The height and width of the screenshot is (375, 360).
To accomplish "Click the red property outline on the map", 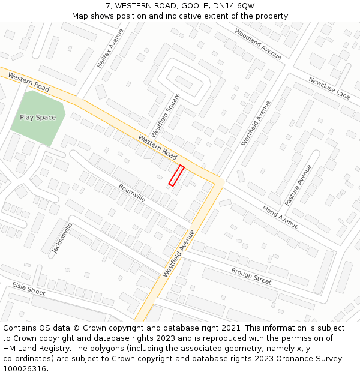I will pos(176,175).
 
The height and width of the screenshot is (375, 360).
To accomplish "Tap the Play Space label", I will pos(38,118).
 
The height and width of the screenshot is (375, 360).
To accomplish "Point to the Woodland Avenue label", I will pos(258,44).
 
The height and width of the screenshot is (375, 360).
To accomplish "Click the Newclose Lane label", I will pos(329,88).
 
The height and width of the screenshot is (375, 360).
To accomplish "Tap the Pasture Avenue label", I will pos(298,185).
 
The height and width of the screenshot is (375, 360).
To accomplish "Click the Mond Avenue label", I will pos(280,217).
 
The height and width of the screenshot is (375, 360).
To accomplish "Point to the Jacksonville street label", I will pos(62,239).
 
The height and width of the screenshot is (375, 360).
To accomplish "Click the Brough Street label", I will pos(251,276).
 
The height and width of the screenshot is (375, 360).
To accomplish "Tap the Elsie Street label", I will pos(29,289).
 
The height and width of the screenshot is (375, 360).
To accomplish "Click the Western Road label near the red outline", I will pos(158,147).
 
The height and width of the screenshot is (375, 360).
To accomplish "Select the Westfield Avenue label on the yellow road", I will pos(179,253).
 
